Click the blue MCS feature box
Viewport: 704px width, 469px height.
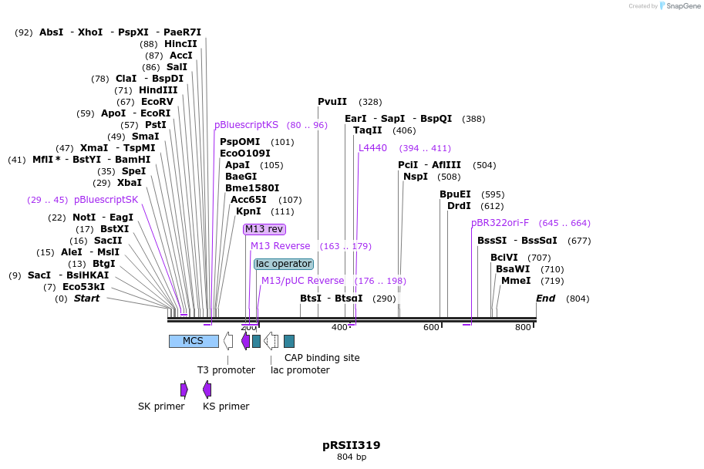193,341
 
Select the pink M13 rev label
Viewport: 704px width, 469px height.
264,229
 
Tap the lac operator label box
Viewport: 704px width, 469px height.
284,264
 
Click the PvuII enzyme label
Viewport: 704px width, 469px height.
332,102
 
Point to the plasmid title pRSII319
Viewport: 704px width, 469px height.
351,445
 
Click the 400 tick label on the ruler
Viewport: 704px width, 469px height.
339,328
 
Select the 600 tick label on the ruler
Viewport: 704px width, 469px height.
431,328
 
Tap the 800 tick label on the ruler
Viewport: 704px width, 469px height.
523,328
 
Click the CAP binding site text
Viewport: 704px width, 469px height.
322,358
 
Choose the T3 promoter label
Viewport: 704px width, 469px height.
226,370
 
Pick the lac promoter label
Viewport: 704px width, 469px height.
300,370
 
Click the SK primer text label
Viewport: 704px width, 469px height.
161,407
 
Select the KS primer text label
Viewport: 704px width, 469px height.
226,407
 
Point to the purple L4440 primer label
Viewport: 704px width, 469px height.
372,148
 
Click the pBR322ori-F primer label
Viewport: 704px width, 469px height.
500,223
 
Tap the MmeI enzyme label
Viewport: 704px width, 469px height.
516,281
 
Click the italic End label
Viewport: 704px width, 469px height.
545,299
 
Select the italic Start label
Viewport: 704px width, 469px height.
86,299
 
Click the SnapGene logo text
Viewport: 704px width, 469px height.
682,6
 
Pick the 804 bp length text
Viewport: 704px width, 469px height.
351,457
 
